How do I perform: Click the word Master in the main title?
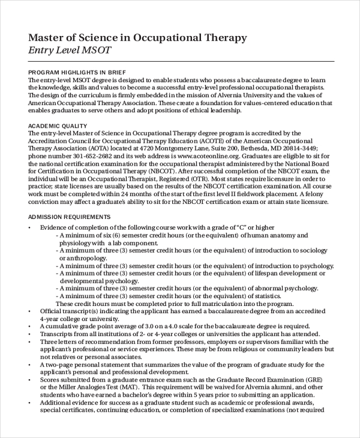(x=48, y=38)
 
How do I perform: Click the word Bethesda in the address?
(x=251, y=148)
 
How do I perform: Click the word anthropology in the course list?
(x=88, y=257)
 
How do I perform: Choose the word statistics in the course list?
(x=263, y=295)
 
